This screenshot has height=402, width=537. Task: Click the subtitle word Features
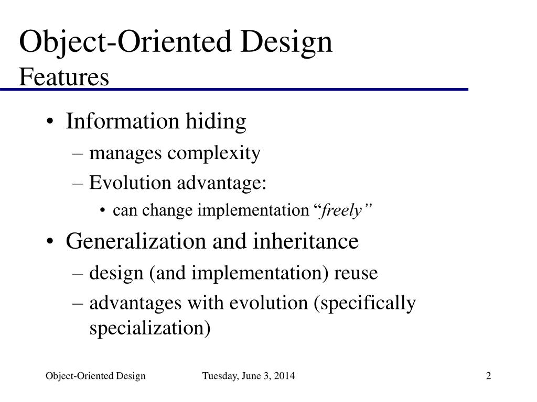64,77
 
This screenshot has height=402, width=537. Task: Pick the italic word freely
342,210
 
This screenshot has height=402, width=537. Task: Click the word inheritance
306,241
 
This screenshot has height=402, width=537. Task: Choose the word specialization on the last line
150,328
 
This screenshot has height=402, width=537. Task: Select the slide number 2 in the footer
489,376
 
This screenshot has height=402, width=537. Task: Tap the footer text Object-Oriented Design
95,376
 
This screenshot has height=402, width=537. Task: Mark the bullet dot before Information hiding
50,122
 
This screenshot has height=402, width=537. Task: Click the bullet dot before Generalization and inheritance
50,242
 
